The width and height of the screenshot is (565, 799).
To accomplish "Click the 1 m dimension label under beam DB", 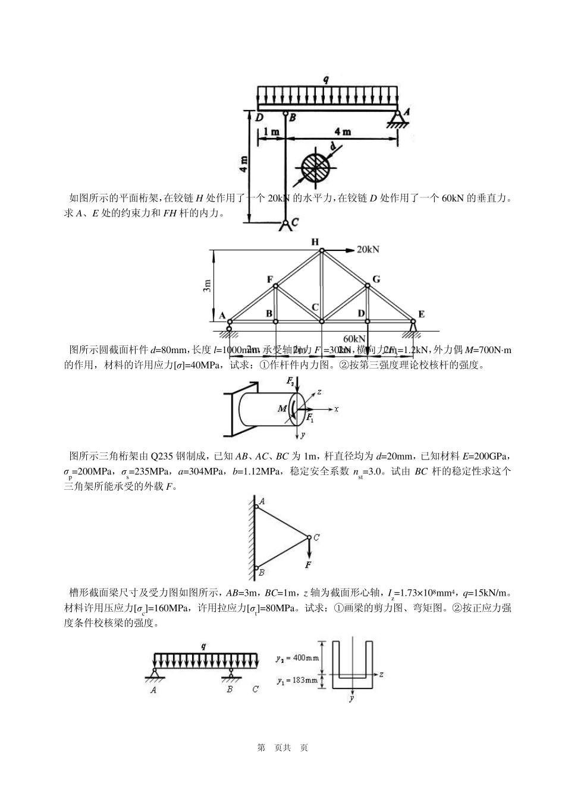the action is coord(271,131).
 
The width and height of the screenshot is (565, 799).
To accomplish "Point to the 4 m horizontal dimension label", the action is coord(342,131).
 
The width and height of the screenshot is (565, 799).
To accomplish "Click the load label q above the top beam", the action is coord(326,78).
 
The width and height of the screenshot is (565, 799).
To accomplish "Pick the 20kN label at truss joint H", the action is coord(368,249).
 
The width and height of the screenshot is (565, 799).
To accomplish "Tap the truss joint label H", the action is coord(315,242).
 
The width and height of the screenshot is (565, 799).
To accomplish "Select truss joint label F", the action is coord(270,279).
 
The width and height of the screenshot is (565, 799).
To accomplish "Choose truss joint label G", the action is coord(376,279).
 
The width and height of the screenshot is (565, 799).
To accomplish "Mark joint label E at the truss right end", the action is coord(421,314).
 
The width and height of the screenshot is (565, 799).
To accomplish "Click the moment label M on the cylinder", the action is coord(282,408).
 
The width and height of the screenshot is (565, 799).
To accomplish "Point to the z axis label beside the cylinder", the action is coord(319,392).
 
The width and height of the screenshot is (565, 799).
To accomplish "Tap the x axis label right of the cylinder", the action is coord(336,409).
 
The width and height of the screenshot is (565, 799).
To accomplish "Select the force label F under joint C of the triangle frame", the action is coord(309,565).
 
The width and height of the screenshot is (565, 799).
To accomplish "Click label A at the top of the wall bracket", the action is coord(262,502).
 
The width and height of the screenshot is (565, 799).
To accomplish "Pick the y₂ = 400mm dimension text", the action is coord(297,658).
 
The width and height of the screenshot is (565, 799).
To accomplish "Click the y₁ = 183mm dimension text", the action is coord(297,680).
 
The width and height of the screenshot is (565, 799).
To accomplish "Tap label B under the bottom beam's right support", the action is coord(230,689).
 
